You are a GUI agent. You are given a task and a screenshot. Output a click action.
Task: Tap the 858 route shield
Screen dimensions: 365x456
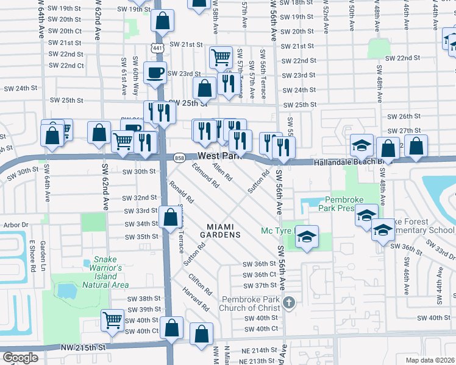point(180,157)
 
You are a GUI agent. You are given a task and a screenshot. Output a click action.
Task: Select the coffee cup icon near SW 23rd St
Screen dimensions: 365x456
point(155,72)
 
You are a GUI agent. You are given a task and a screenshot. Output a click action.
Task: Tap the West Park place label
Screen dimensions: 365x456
point(216,156)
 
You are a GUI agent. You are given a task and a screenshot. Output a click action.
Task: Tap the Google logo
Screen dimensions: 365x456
point(20,358)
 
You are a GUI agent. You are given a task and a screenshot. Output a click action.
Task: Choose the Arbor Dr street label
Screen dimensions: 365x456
point(15,224)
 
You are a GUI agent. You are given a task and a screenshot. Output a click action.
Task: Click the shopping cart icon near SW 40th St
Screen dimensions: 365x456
point(113,320)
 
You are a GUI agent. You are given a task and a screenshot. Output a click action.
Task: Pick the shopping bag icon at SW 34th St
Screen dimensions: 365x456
point(169,218)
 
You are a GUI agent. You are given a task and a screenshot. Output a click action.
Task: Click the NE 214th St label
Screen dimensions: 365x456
point(251,350)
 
